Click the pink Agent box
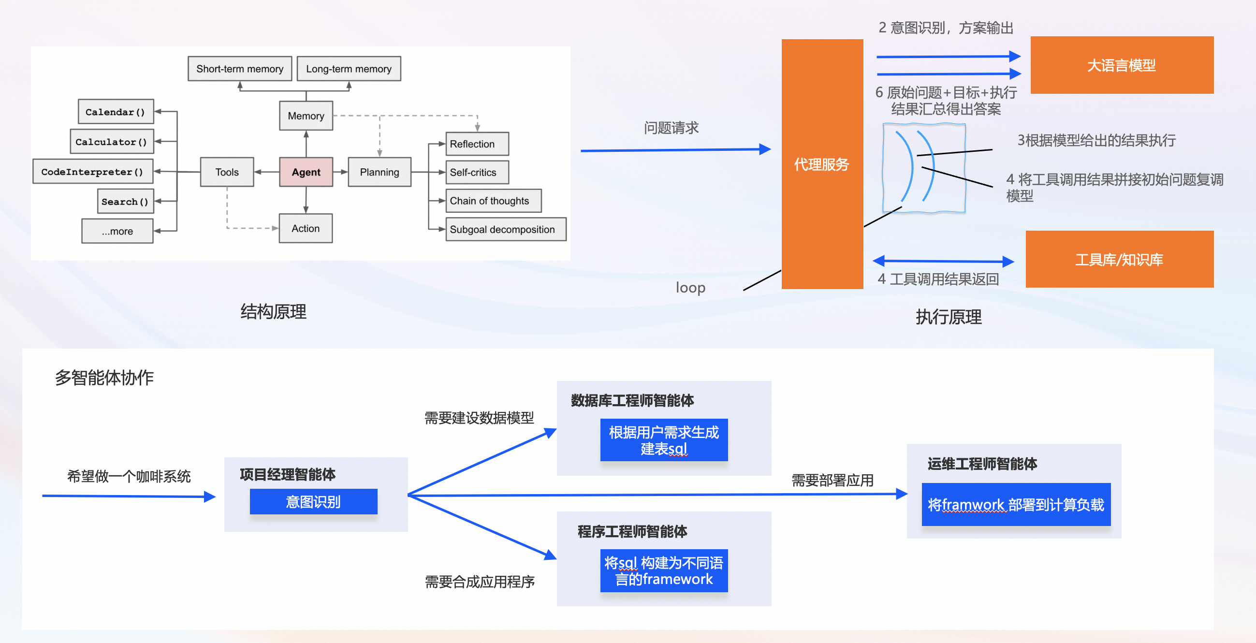pyautogui.click(x=306, y=172)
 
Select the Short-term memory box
pyautogui.click(x=239, y=69)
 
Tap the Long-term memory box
pyautogui.click(x=349, y=69)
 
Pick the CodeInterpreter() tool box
pyautogui.click(x=93, y=172)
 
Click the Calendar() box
pyautogui.click(x=116, y=112)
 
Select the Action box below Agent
pyautogui.click(x=306, y=228)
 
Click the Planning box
pyautogui.click(x=380, y=172)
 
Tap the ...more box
pyautogui.click(x=117, y=231)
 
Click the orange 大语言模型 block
pyautogui.click(x=1122, y=65)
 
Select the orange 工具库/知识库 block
pyautogui.click(x=1119, y=259)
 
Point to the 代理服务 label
pyautogui.click(x=821, y=164)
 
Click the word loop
pyautogui.click(x=690, y=288)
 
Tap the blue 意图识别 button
pyautogui.click(x=313, y=502)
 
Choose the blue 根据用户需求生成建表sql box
pyautogui.click(x=664, y=440)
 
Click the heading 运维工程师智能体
pyautogui.click(x=982, y=464)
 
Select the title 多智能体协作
pyautogui.click(x=104, y=377)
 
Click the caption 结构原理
pyautogui.click(x=273, y=311)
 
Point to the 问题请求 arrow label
pyautogui.click(x=671, y=128)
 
